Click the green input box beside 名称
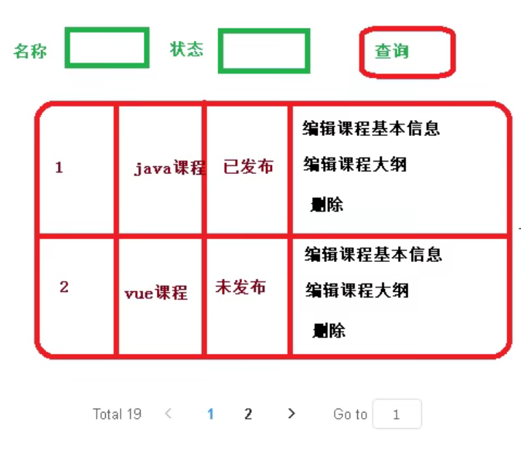coord(107,48)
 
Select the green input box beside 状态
coord(264,51)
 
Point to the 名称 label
coord(31,52)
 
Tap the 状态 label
coord(187,49)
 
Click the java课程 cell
coord(169,168)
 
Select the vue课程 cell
coord(156,293)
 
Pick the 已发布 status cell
coord(248,167)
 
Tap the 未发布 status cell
coord(240,287)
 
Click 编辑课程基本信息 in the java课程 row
coord(371,128)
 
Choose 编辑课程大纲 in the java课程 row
coord(355,164)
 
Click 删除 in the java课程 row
coord(327,205)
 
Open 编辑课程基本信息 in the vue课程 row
coord(373,254)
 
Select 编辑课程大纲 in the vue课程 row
coord(356,291)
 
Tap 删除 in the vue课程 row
coord(329,331)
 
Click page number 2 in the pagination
coord(248,414)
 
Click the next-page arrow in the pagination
coord(291,413)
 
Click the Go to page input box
coord(397,414)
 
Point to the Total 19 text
coord(117,414)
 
